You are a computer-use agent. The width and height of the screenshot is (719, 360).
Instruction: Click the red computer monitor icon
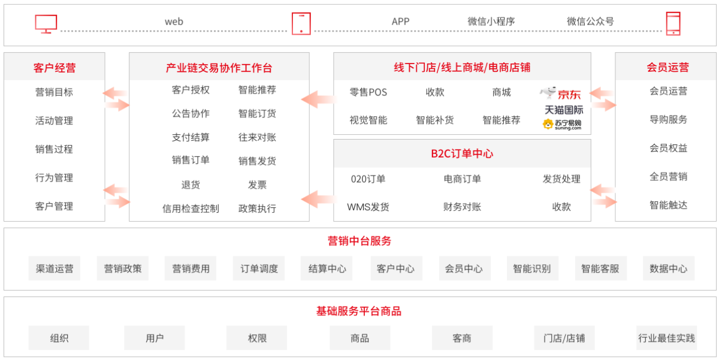tap(46, 23)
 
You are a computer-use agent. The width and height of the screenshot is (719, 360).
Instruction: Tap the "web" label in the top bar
tap(174, 22)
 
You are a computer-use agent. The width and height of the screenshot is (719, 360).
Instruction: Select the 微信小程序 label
tap(491, 22)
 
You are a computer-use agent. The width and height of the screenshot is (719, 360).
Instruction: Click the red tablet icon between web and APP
tap(301, 23)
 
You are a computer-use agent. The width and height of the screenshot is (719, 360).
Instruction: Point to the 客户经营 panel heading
tap(55, 68)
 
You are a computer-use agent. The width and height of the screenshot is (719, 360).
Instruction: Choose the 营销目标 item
tap(55, 92)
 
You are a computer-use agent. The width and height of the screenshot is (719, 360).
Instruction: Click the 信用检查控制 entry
tap(191, 208)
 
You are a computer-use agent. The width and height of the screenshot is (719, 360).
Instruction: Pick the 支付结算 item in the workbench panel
tap(191, 137)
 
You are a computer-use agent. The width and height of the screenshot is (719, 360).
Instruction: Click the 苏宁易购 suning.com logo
tap(562, 124)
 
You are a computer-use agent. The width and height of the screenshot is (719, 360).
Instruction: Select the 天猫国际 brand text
tap(564, 110)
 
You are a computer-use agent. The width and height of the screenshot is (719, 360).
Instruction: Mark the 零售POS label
tap(368, 92)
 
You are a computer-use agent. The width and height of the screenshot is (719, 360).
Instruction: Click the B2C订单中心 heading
tap(462, 153)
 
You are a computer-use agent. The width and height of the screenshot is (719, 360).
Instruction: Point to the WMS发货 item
tap(368, 207)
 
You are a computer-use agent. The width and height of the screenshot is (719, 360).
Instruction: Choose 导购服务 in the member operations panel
tap(668, 119)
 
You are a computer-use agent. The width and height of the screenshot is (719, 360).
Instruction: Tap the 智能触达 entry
tap(668, 205)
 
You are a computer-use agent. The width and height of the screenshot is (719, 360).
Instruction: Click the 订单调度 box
tap(259, 268)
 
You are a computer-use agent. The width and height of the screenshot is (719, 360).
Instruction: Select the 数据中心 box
tap(668, 268)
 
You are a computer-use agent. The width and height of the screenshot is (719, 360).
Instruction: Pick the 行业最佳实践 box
tap(666, 338)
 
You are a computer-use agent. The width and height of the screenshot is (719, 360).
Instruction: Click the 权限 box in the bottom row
tap(257, 338)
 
